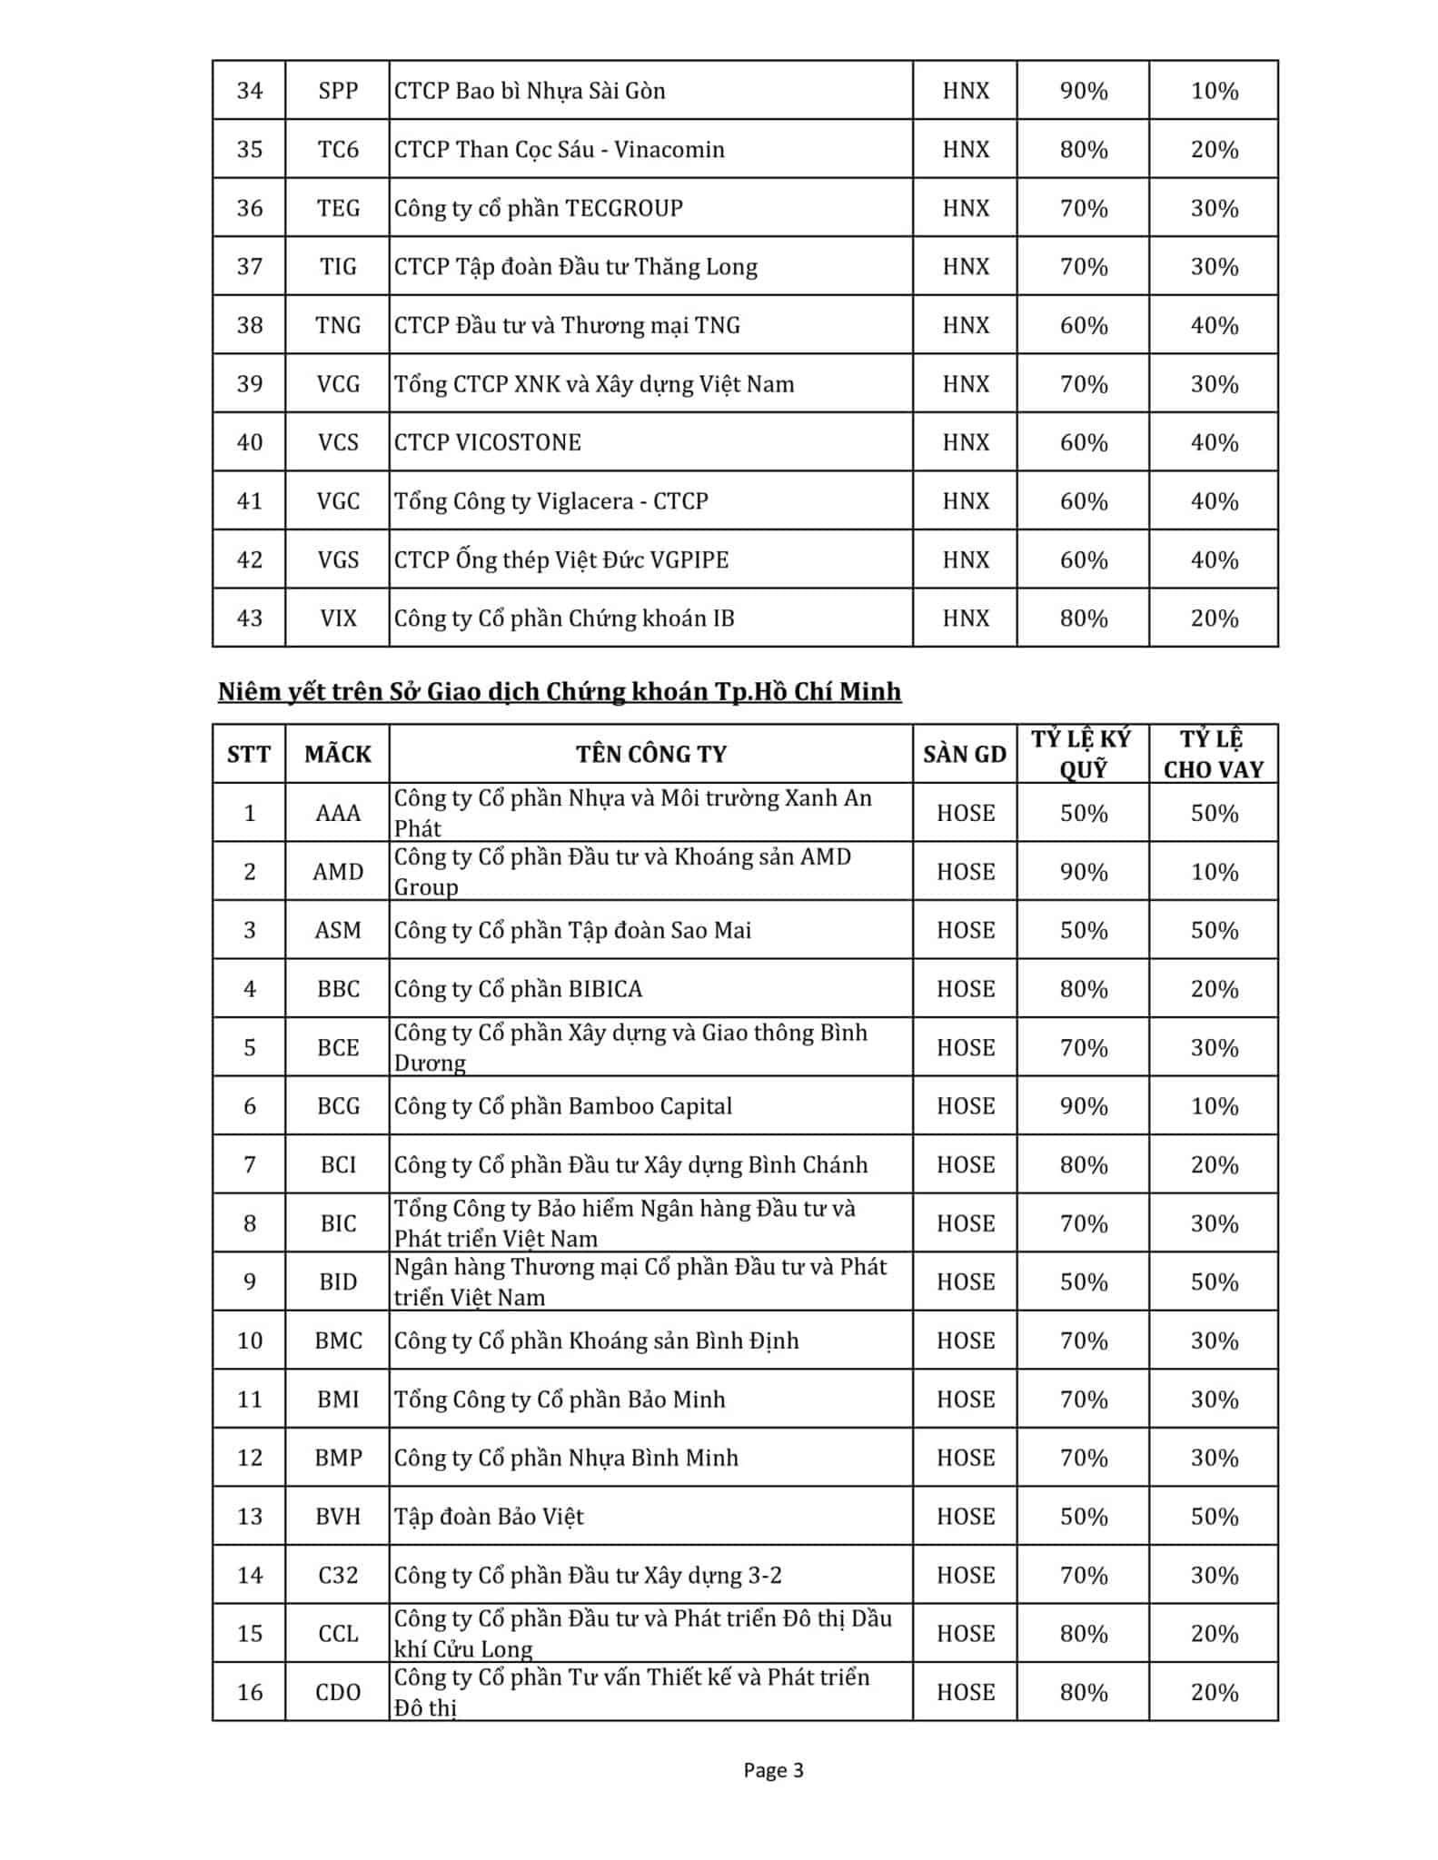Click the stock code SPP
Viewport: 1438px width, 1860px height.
coord(338,91)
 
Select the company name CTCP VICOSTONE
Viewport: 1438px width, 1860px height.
coord(487,442)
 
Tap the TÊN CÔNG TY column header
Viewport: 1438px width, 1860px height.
coord(650,754)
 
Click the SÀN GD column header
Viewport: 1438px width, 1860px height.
coord(965,754)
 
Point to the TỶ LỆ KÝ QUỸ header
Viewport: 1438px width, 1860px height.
coord(1082,754)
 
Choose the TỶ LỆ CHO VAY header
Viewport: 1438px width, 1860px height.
coord(1214,754)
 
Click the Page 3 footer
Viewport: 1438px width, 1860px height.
coord(773,1770)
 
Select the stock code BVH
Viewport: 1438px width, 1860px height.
coord(338,1517)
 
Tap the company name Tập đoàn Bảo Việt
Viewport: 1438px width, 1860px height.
coord(489,1517)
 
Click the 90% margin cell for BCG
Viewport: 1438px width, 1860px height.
coord(1084,1106)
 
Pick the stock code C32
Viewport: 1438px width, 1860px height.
coord(338,1575)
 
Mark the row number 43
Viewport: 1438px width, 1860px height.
coord(250,618)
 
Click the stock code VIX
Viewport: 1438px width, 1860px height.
coord(338,618)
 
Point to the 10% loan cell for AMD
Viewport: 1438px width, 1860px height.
coord(1215,872)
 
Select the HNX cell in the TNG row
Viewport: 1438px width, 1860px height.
coord(966,325)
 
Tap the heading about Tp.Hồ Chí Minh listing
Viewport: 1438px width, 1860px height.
coord(560,692)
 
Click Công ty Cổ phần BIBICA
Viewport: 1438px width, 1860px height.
coord(518,989)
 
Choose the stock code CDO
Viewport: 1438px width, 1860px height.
coord(338,1692)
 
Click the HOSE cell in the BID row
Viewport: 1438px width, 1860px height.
coord(966,1281)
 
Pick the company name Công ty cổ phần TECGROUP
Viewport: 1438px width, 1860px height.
coord(538,208)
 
